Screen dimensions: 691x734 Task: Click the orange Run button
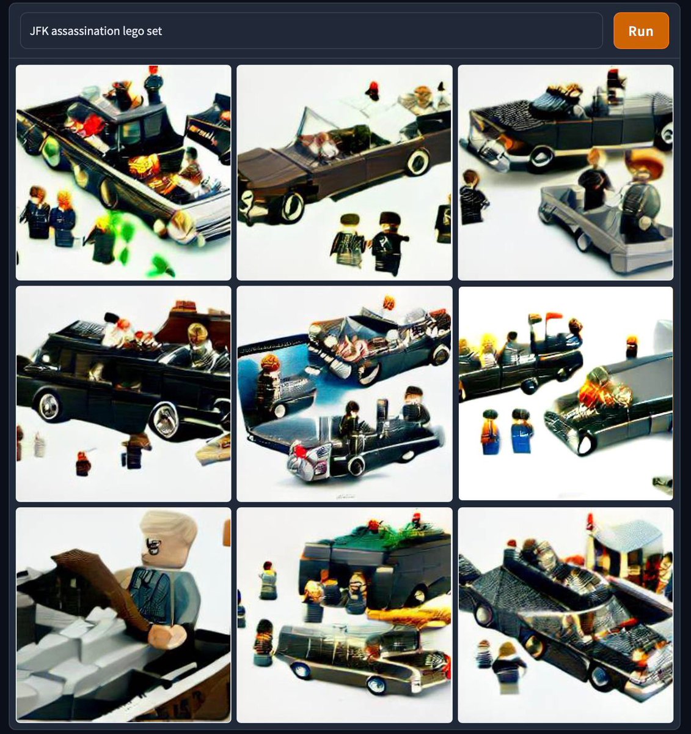coord(641,31)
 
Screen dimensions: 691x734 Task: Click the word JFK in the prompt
coord(39,31)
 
